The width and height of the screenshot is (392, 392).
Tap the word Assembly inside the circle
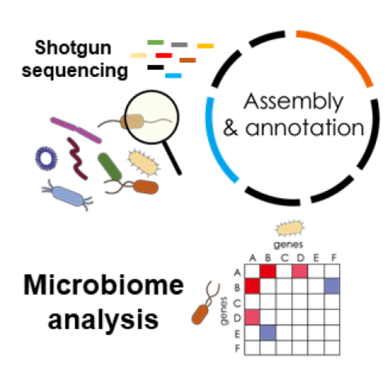294,102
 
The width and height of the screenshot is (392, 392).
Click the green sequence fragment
155,42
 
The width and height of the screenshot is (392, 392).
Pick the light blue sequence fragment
173,75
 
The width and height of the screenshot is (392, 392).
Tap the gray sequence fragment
179,45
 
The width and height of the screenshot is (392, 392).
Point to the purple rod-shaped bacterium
76,130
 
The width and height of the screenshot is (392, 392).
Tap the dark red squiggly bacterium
77,159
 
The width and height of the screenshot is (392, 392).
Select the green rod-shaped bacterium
110,166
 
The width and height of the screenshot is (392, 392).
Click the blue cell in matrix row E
268,333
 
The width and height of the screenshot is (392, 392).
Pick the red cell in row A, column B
268,269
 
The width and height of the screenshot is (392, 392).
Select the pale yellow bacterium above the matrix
288,228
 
